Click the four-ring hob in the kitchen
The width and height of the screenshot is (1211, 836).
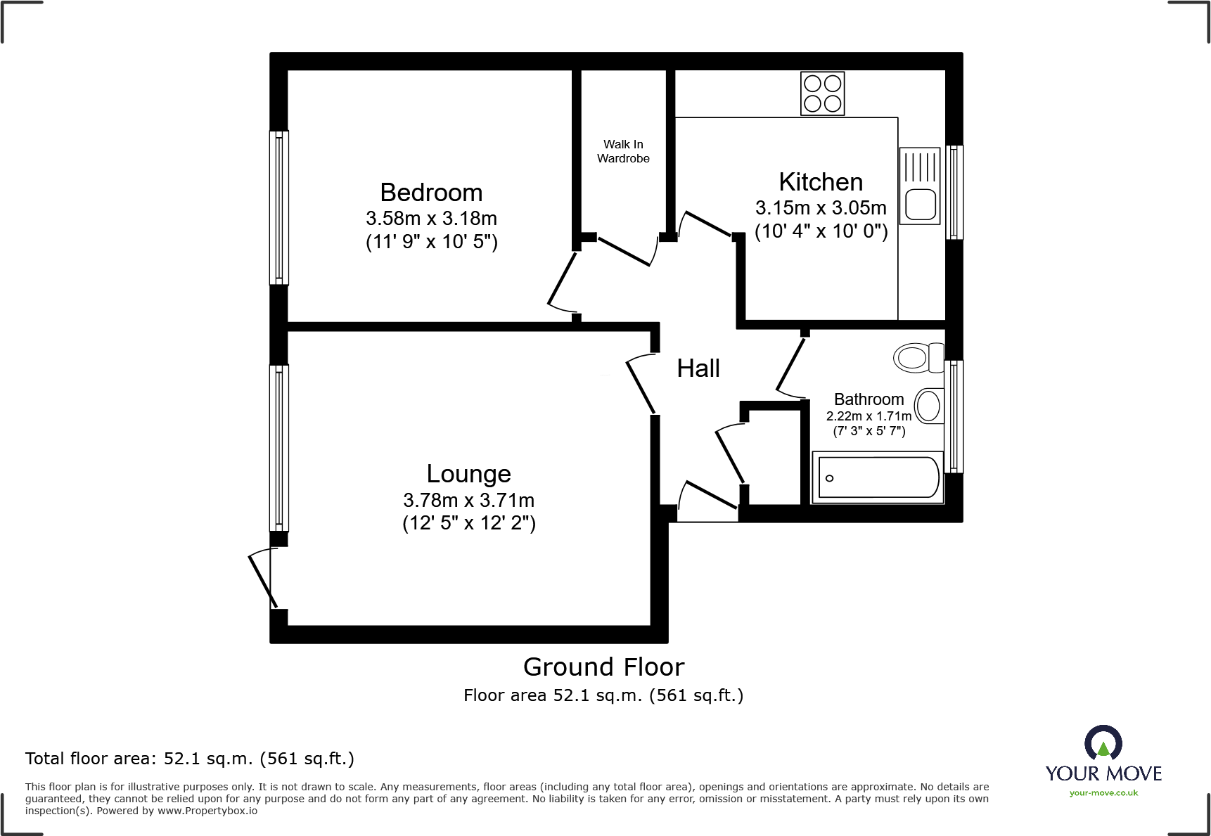pyautogui.click(x=822, y=94)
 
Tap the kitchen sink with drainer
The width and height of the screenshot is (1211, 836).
pyautogui.click(x=919, y=186)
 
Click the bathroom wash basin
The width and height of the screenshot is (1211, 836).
pyautogui.click(x=929, y=406)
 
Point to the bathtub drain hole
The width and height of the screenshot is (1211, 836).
pyautogui.click(x=829, y=478)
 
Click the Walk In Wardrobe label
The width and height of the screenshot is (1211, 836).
pyautogui.click(x=623, y=151)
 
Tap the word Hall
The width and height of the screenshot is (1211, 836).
pyautogui.click(x=698, y=368)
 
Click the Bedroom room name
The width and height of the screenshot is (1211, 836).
pyautogui.click(x=431, y=193)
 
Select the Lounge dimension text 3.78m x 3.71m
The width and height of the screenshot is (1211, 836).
pyautogui.click(x=468, y=500)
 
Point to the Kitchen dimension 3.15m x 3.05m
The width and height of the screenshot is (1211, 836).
pyautogui.click(x=821, y=208)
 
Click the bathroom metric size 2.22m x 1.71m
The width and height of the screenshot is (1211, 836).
pyautogui.click(x=869, y=416)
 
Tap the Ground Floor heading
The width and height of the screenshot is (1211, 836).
pyautogui.click(x=603, y=667)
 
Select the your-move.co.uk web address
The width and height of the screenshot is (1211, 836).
pyautogui.click(x=1103, y=793)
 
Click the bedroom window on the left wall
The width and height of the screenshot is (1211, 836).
pyautogui.click(x=279, y=207)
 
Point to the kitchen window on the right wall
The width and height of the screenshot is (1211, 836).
pyautogui.click(x=954, y=192)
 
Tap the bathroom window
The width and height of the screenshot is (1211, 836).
pyautogui.click(x=954, y=416)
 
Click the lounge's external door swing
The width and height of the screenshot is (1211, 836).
pyautogui.click(x=262, y=578)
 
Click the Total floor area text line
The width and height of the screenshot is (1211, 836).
pyautogui.click(x=189, y=759)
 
